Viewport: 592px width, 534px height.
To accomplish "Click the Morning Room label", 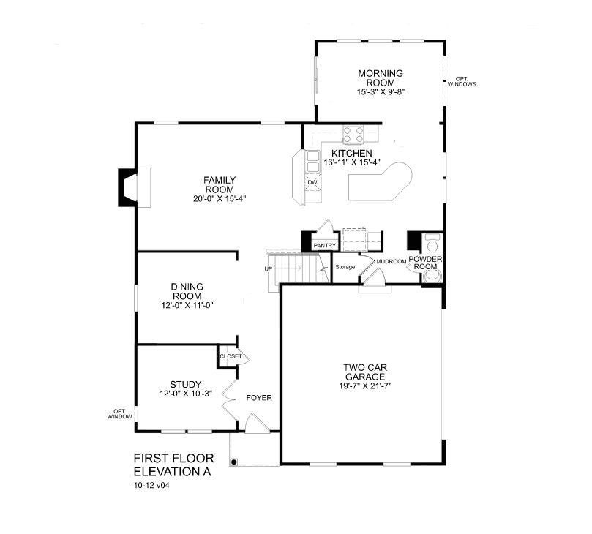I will (x=381, y=78).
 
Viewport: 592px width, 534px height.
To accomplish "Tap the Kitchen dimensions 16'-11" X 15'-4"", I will (x=352, y=162).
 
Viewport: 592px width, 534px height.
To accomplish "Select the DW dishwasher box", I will (x=312, y=182).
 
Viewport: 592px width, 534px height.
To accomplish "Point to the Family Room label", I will (x=219, y=184).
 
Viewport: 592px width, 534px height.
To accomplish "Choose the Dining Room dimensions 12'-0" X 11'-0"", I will (x=187, y=305).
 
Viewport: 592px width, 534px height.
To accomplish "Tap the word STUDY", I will (x=186, y=384).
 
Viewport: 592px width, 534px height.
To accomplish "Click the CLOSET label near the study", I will (x=231, y=357).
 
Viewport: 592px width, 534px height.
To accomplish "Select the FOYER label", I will (x=258, y=399).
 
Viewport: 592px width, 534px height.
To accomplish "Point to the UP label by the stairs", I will (x=269, y=269).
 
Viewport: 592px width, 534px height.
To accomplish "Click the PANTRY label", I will (x=324, y=246).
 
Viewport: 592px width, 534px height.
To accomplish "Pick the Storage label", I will (x=345, y=267).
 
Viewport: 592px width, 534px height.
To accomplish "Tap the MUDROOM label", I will (x=391, y=261).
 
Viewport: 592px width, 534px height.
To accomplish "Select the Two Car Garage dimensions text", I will (x=366, y=386).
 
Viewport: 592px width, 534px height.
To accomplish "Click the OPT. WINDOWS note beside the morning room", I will (x=462, y=81).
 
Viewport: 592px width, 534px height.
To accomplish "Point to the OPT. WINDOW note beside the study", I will (x=119, y=413).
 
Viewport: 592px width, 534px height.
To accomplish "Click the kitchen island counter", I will (x=381, y=184).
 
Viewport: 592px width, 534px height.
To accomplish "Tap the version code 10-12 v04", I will (x=152, y=485).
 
